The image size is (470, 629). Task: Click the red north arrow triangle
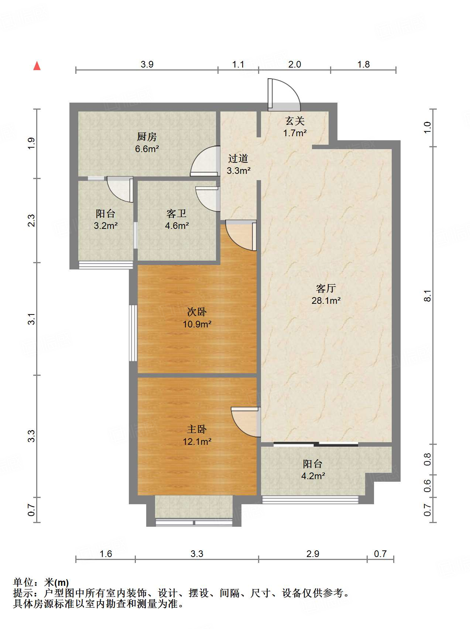pyautogui.click(x=37, y=66)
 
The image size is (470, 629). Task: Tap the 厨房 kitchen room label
pyautogui.click(x=147, y=137)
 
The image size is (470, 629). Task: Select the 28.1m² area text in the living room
pyautogui.click(x=326, y=300)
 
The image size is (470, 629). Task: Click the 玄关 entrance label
pyautogui.click(x=295, y=121)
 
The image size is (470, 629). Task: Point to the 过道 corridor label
pyautogui.click(x=238, y=159)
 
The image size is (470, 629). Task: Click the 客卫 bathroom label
pyautogui.click(x=176, y=213)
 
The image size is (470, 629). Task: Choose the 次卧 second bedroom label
pyautogui.click(x=197, y=312)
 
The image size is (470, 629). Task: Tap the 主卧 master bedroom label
pyautogui.click(x=197, y=429)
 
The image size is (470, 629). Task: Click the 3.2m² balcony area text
pyautogui.click(x=106, y=226)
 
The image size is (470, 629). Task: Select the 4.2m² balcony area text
pyautogui.click(x=313, y=476)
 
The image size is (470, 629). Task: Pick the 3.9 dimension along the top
pyautogui.click(x=147, y=65)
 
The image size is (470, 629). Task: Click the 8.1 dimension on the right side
pyautogui.click(x=427, y=296)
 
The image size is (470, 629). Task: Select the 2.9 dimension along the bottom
pyautogui.click(x=313, y=554)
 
